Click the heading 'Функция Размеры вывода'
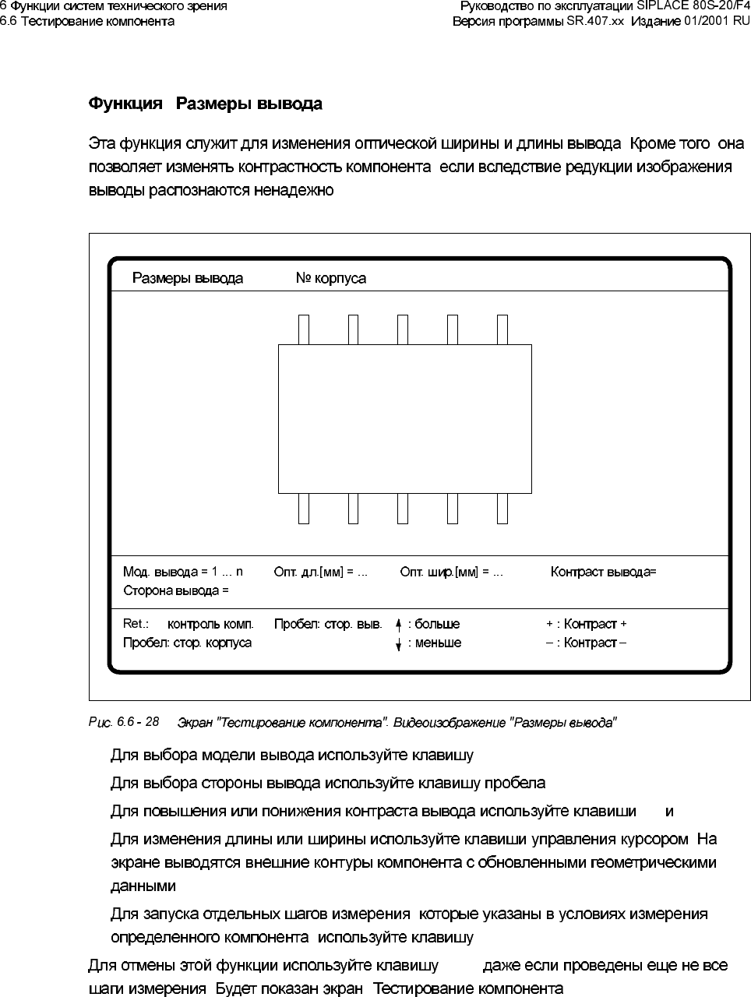tap(205, 104)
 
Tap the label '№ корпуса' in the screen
tap(330, 278)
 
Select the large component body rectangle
tap(404, 418)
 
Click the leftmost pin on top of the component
tap(304, 329)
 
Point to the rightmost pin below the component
tap(502, 508)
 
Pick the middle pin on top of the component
tap(403, 329)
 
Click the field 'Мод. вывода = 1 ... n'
tap(183, 572)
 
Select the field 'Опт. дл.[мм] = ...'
tap(320, 572)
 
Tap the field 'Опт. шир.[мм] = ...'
tap(451, 572)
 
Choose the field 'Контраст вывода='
tap(603, 572)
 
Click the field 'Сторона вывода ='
tap(176, 590)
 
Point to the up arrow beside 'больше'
tap(398, 624)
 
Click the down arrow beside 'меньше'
tap(398, 643)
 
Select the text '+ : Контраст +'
tap(586, 624)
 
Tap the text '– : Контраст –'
tap(586, 643)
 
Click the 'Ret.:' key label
tap(136, 624)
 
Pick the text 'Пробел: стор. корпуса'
tap(187, 643)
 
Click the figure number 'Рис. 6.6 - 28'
tap(124, 722)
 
